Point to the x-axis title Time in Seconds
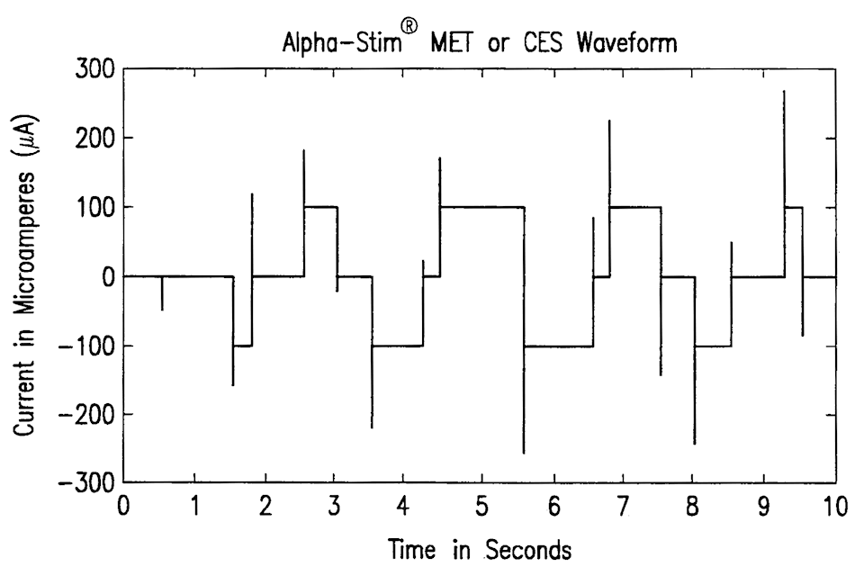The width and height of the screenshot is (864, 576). coord(479,548)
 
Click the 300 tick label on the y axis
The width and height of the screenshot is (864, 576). coord(93,69)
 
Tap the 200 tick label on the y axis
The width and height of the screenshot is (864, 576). coord(93,139)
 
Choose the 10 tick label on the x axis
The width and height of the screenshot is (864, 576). coord(836,507)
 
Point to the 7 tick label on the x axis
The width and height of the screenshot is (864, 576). coord(623,507)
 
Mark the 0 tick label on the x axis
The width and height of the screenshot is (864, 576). coord(124,507)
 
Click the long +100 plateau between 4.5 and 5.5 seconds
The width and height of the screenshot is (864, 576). coord(481,207)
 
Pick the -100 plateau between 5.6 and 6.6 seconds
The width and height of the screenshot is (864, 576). coord(558,346)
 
